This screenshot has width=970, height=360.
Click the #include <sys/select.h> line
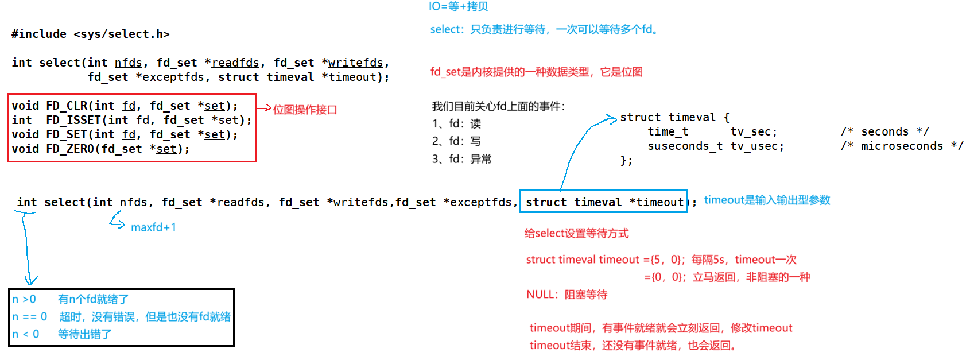90,34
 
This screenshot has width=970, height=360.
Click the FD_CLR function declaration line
124,106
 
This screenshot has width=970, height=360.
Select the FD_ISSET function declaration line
131,120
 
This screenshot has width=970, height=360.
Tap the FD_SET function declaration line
124,134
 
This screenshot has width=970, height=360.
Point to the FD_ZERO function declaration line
100,149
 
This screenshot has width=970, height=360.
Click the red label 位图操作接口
305,109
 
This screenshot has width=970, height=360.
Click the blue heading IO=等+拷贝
458,7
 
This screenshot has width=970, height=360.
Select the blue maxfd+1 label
153,227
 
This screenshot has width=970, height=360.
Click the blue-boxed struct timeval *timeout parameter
603,202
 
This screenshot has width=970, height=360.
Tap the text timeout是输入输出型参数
767,200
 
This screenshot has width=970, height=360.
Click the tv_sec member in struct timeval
753,132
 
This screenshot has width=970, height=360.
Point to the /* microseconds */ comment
902,146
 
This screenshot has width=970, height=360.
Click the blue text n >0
24,299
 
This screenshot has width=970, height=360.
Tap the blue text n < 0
26,334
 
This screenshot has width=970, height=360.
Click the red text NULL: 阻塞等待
567,295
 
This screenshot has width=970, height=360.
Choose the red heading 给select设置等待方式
576,233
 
